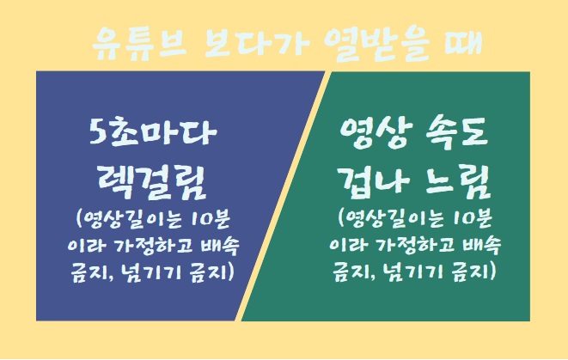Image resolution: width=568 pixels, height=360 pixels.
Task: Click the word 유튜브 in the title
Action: pos(139,45)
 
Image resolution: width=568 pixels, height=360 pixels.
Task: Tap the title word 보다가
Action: pos(256,45)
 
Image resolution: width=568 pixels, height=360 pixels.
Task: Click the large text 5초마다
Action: pos(153,132)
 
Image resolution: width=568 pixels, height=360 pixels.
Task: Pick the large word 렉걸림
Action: pos(152,183)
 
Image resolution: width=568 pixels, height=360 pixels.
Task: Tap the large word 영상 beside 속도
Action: pos(376,132)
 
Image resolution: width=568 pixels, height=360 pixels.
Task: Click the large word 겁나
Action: pos(374,182)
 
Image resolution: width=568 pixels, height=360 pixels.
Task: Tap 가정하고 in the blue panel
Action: pos(153,246)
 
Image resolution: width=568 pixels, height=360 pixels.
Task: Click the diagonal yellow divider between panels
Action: pos(284,196)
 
